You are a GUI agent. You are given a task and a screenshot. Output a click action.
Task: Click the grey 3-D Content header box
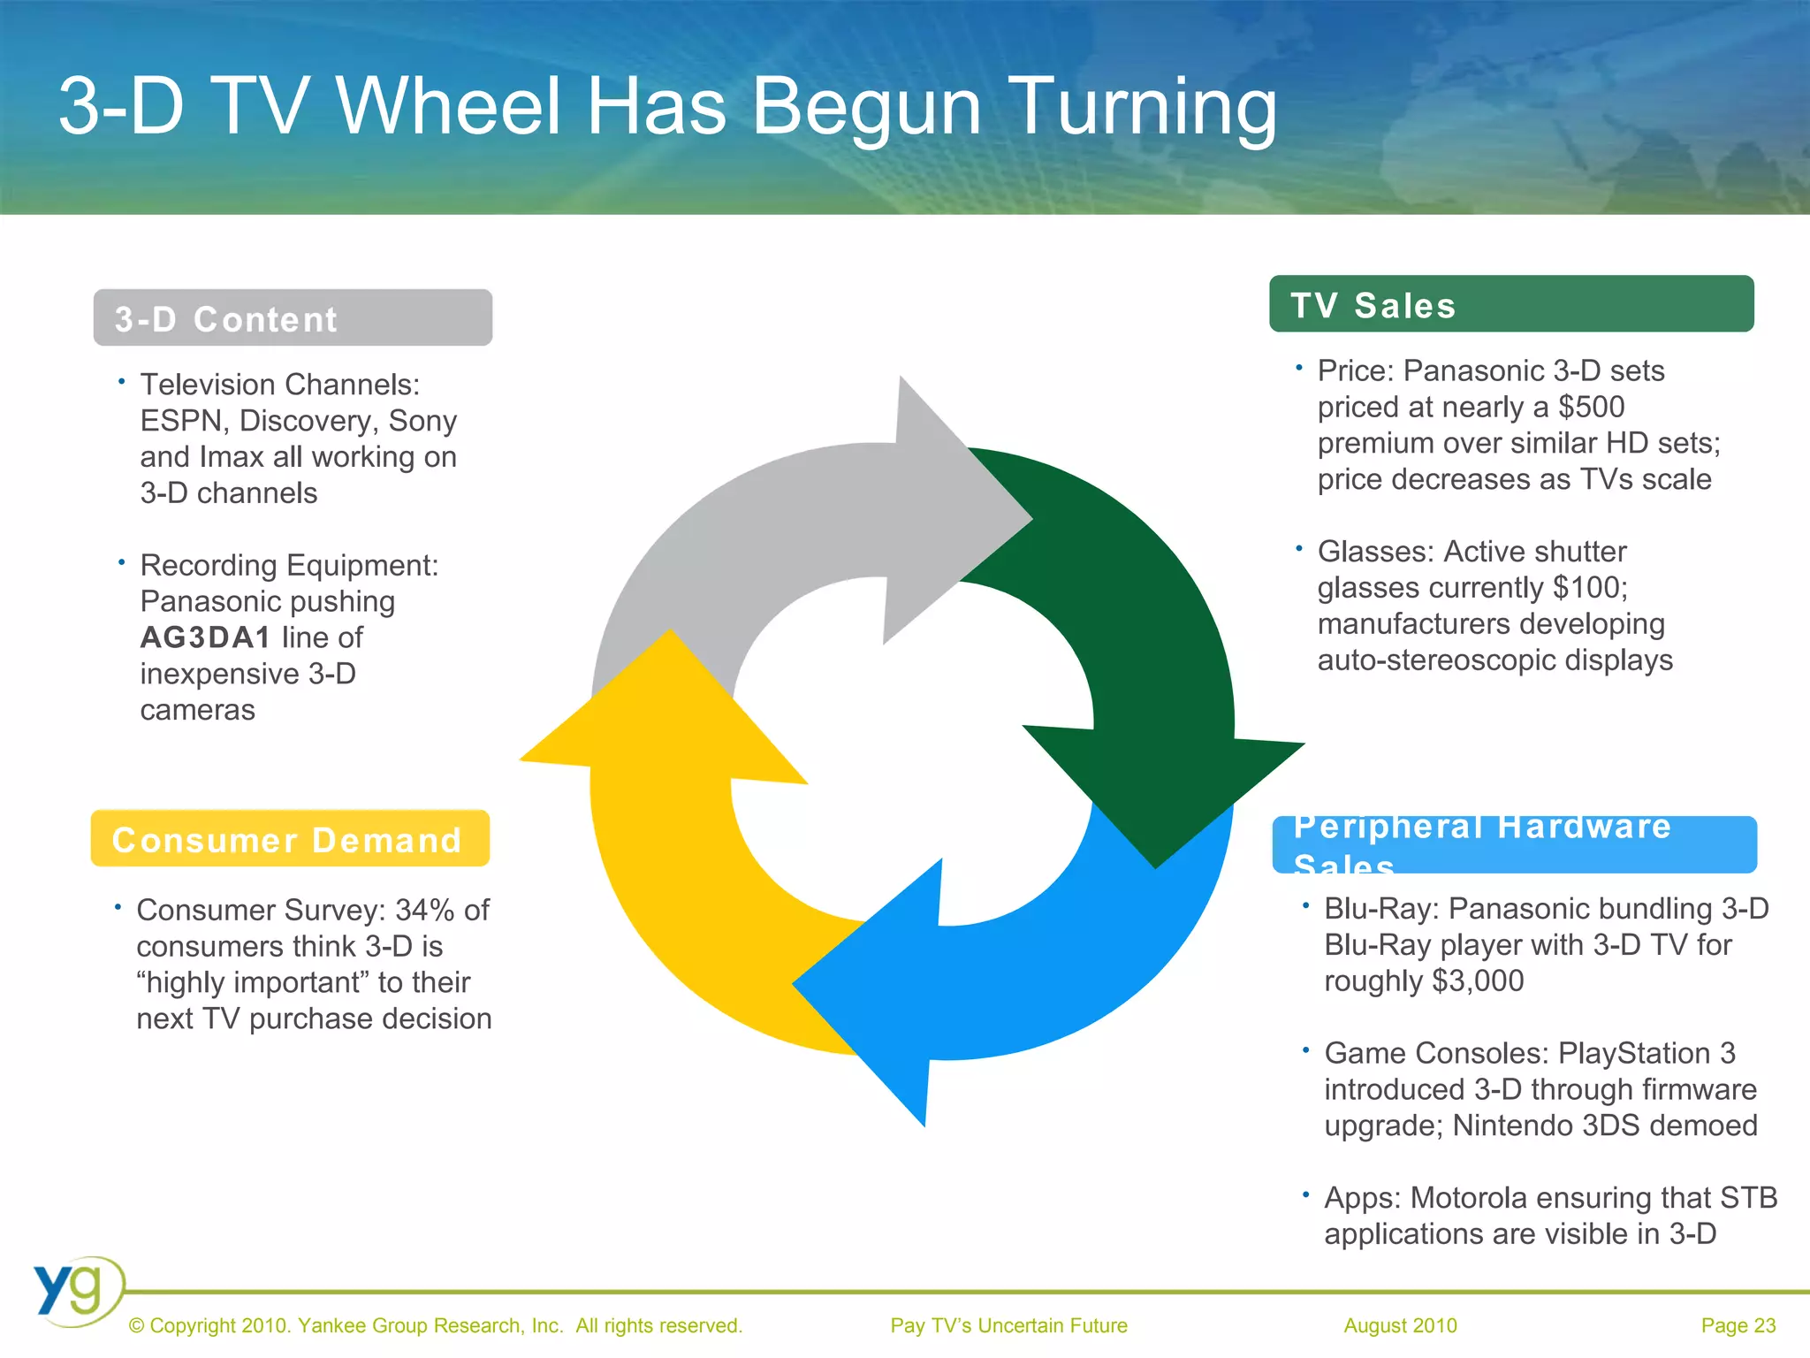pyautogui.click(x=292, y=318)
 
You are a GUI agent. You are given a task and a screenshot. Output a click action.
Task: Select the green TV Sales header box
pyautogui.click(x=1510, y=305)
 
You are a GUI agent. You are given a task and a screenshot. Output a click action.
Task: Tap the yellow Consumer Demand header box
pyautogui.click(x=290, y=839)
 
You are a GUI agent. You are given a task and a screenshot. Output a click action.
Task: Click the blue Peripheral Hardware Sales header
pyautogui.click(x=1513, y=845)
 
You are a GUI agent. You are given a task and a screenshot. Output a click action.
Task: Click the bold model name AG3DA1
pyautogui.click(x=205, y=637)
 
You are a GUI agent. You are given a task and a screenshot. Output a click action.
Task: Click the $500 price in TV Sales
pyautogui.click(x=1591, y=407)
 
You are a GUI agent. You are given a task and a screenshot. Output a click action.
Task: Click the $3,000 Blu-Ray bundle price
pyautogui.click(x=1477, y=980)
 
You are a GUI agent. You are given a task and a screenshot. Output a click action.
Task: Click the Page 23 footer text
pyautogui.click(x=1738, y=1325)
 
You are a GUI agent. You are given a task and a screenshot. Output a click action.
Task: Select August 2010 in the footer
pyautogui.click(x=1400, y=1325)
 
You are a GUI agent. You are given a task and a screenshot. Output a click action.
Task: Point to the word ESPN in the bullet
pyautogui.click(x=182, y=421)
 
